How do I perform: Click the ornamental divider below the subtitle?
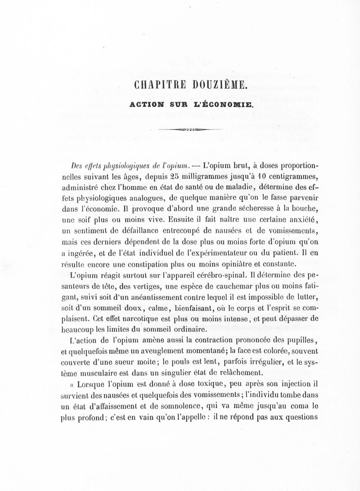193,129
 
